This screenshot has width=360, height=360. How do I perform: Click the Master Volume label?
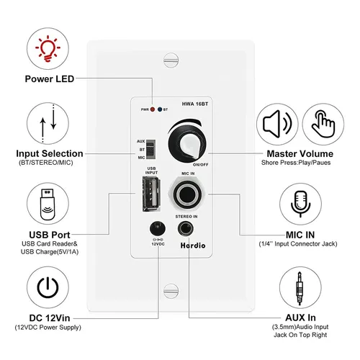pos(300,153)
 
